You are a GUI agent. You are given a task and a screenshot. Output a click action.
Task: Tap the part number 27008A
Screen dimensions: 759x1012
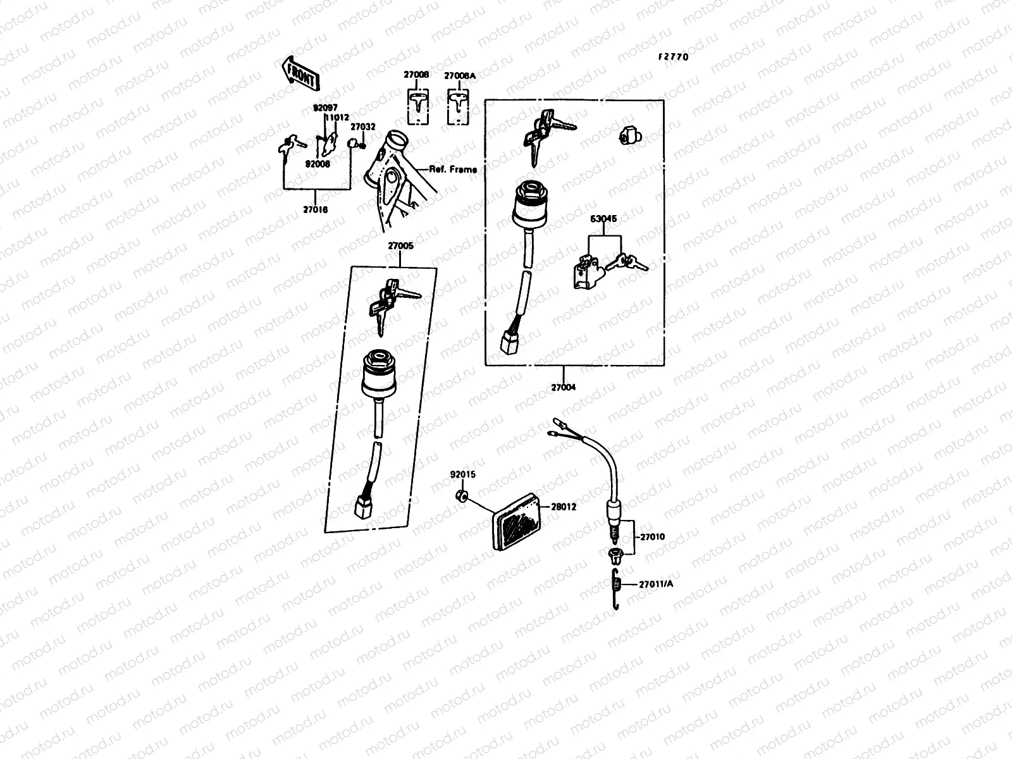[x=460, y=76]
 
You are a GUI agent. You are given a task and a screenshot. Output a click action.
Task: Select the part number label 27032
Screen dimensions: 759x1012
[x=364, y=127]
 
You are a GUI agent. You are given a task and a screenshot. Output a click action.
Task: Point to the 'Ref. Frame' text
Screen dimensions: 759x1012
[x=453, y=170]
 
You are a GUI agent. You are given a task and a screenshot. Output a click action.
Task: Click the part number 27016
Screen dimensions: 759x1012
[x=315, y=209]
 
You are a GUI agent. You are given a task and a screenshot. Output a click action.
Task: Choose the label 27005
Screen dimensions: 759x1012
[x=400, y=245]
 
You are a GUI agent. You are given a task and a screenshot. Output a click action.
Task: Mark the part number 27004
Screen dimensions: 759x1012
[x=563, y=388]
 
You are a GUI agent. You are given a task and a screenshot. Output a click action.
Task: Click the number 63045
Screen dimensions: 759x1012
[x=604, y=219]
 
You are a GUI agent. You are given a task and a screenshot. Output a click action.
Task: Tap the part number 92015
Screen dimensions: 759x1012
[x=462, y=474]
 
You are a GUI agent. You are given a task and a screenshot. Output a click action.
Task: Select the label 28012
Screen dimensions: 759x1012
[x=563, y=507]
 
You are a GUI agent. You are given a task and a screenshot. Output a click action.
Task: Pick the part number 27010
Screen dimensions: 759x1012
[x=652, y=537]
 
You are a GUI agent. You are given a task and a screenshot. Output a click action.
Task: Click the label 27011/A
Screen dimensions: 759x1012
[x=655, y=584]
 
